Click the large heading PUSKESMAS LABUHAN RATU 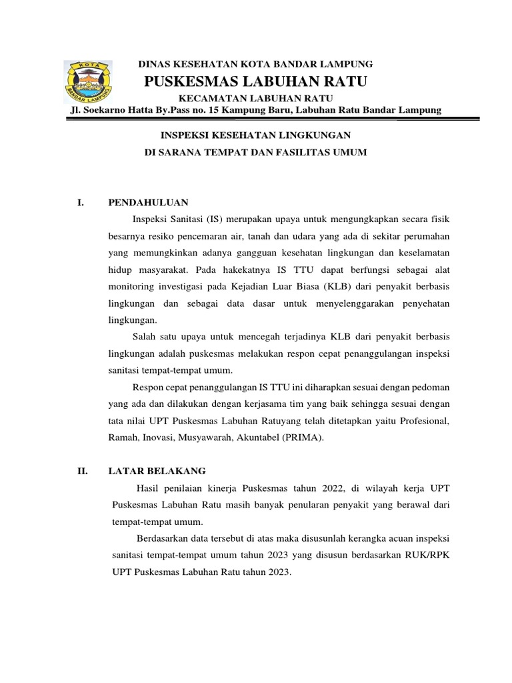256,81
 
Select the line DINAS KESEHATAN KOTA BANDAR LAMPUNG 255,64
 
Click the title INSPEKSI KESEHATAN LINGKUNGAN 256,134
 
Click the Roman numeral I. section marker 81,202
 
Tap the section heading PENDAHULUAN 149,202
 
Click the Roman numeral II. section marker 83,471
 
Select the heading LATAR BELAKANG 157,471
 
